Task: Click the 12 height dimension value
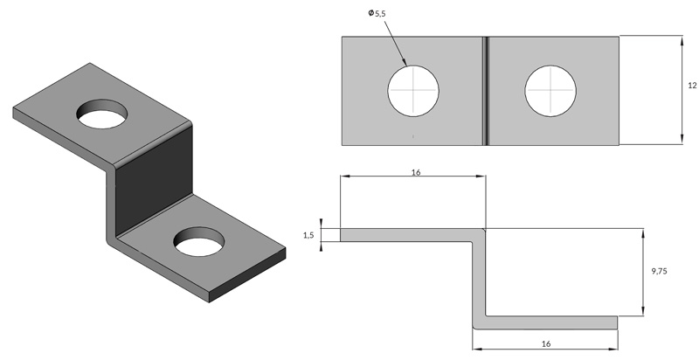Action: click(x=691, y=86)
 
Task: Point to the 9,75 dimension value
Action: click(x=659, y=273)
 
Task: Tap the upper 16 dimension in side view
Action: click(x=415, y=172)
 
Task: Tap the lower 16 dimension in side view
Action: click(x=545, y=344)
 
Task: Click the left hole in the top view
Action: click(x=413, y=91)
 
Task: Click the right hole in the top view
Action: click(x=550, y=91)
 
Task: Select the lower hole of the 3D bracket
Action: click(x=199, y=241)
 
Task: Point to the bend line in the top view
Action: click(x=485, y=90)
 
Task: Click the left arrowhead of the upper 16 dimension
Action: click(x=344, y=177)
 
